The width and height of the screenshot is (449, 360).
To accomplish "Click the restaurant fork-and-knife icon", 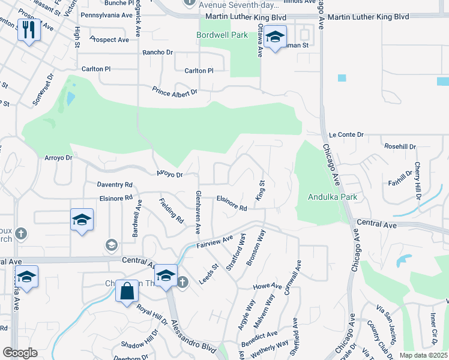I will (x=29, y=29).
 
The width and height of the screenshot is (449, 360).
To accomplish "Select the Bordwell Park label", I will (x=222, y=35).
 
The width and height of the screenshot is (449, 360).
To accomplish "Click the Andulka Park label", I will (x=333, y=197).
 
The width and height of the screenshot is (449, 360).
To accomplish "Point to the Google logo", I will (x=20, y=353).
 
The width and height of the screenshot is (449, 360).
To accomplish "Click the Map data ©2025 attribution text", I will (x=423, y=355).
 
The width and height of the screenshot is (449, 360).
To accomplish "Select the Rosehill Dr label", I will (x=400, y=146).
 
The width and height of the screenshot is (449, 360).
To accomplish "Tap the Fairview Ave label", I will (x=215, y=241).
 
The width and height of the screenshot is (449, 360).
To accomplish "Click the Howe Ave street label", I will (x=267, y=286).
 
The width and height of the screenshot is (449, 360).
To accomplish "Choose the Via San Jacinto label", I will (x=387, y=325).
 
